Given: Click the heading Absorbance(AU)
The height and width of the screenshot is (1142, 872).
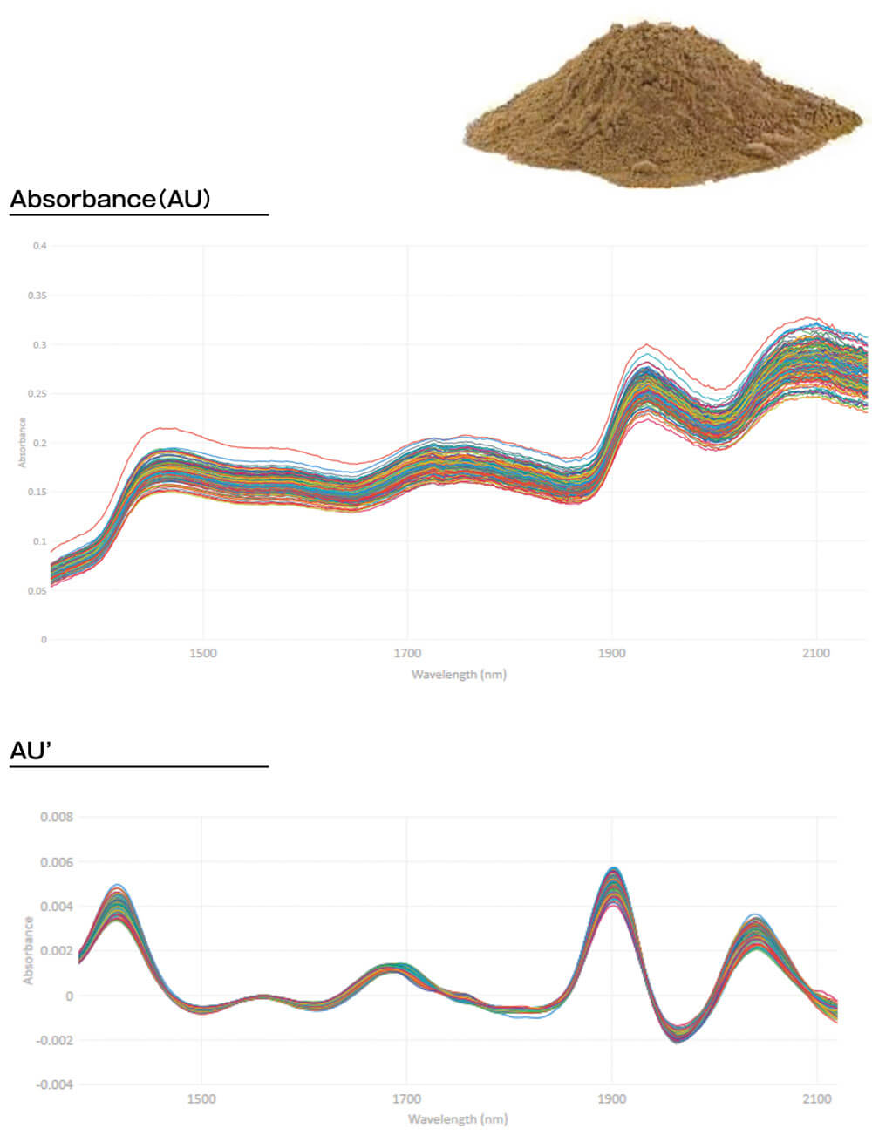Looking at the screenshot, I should coord(111,199).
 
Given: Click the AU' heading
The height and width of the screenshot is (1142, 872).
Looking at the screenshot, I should coord(31,751).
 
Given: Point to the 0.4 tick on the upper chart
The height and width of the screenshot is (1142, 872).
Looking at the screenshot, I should coord(40,246).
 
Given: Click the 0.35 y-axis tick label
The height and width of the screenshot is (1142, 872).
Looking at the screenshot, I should coord(37,296).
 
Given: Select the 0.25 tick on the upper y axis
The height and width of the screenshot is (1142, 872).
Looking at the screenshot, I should coord(37,394).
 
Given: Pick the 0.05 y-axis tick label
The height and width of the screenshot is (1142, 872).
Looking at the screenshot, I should coord(37,590).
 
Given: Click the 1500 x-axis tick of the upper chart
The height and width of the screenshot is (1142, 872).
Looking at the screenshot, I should coord(203,653).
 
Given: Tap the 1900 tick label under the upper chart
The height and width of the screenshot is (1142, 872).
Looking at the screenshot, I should coord(612,653).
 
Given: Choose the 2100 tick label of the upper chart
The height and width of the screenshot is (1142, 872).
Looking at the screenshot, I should coord(816,653).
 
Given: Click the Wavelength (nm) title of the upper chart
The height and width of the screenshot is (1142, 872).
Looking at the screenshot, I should coord(459,674).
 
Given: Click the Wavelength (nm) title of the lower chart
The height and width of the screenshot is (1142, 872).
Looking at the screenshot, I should coord(457,1119).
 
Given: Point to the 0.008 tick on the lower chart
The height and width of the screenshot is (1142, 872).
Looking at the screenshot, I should coord(57,818).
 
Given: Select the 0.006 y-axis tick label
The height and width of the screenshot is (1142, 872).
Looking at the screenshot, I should coord(57,862).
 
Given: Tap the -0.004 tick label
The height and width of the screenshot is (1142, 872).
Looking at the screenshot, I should coord(55,1084).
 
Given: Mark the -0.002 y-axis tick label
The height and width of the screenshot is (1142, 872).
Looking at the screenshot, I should coord(55,1040).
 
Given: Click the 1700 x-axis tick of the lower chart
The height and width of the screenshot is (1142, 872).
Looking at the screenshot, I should coord(406,1098).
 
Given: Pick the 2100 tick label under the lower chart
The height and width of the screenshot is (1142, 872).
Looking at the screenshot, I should coord(816,1098).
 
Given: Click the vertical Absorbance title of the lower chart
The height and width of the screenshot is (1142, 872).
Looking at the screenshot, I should coord(28,950).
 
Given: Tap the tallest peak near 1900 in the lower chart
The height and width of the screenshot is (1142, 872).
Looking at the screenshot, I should coord(613,870).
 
